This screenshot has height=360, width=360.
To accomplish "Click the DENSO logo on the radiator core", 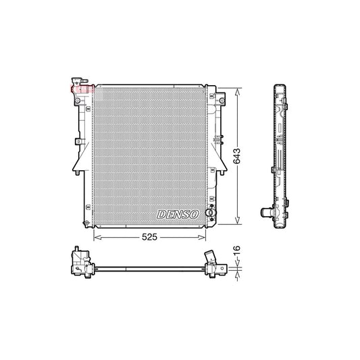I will pos(177,213).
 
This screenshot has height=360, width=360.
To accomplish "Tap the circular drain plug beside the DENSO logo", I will pos(209,213).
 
